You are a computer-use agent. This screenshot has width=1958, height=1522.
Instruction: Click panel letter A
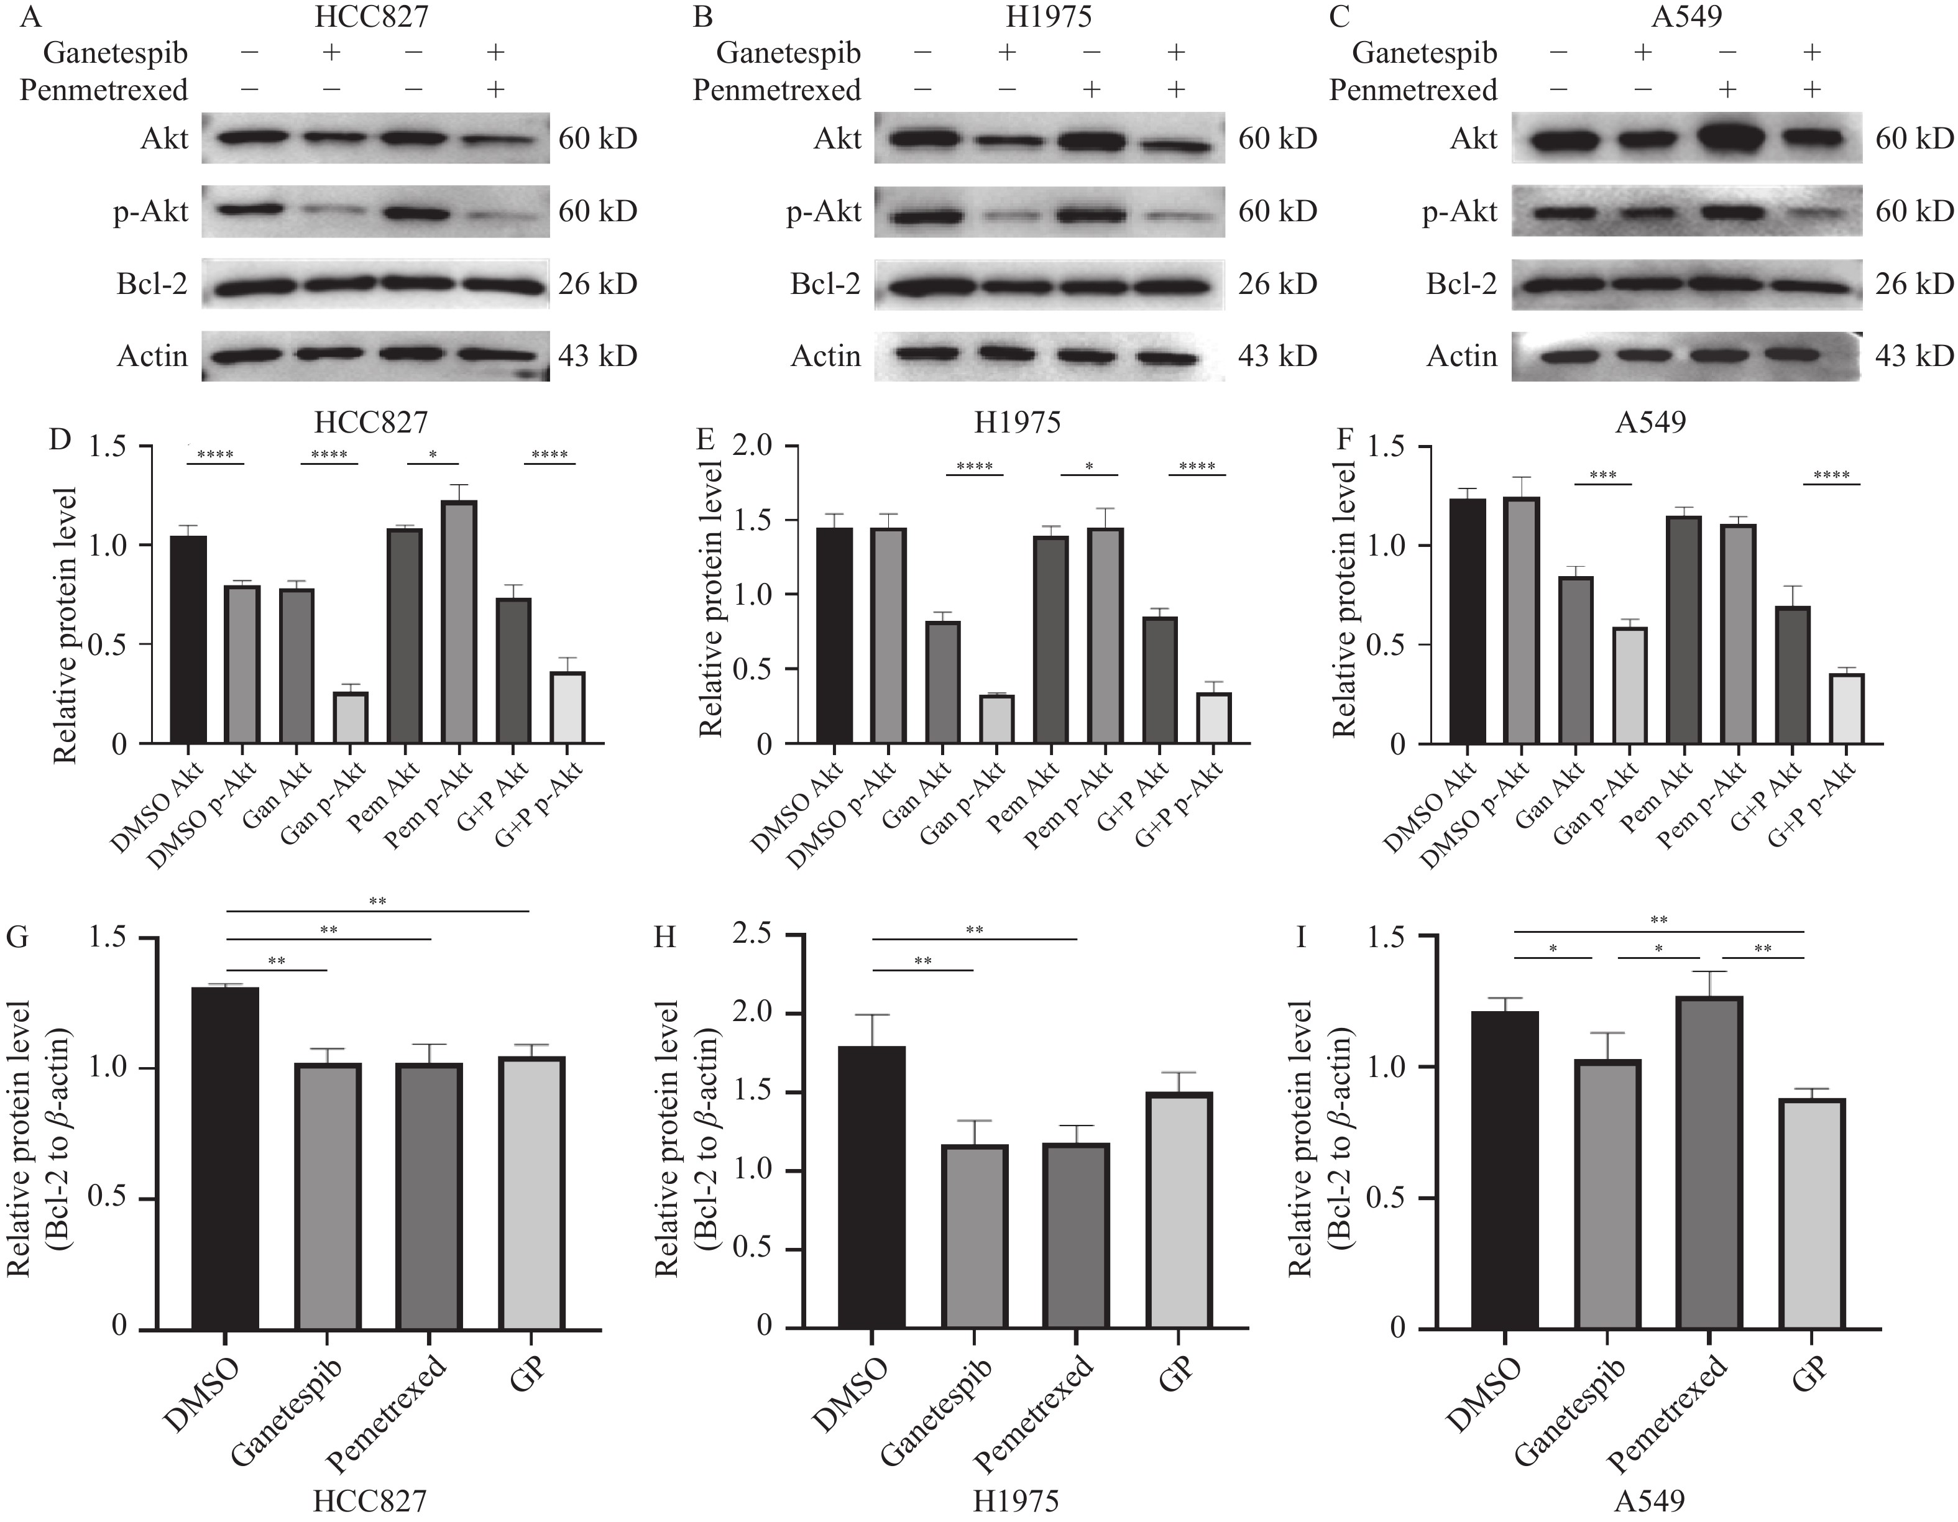12,17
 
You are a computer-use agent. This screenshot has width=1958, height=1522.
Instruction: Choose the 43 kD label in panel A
598,356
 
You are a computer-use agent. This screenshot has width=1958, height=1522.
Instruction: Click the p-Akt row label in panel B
823,211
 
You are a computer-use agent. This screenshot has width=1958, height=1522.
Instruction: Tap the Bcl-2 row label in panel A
152,284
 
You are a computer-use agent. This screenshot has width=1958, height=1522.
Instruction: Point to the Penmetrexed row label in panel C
1413,91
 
